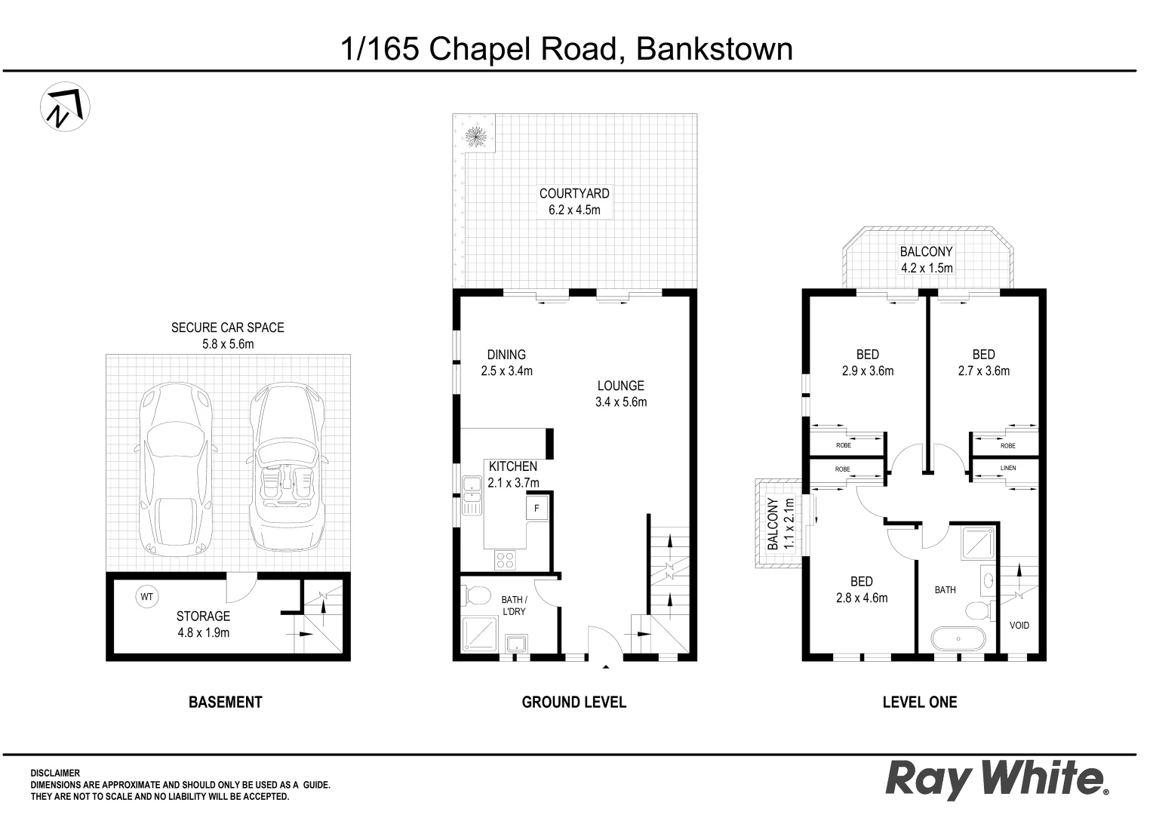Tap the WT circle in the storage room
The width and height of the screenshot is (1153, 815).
point(146,597)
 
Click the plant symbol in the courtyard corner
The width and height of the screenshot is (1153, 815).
point(475,137)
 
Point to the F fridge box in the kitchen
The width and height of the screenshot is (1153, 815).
point(537,508)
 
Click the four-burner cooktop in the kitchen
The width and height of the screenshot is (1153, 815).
point(505,560)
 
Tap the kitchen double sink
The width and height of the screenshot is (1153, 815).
point(472,496)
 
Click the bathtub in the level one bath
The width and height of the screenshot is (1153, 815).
point(958,640)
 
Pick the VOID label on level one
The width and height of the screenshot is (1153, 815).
point(1019,626)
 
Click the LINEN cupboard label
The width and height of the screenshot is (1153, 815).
point(1008,468)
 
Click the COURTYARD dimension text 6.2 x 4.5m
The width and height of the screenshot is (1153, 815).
point(574,211)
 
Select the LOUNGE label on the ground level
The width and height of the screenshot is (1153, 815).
point(620,386)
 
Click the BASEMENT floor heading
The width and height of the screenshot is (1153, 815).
point(225,702)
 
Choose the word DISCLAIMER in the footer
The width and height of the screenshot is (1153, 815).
point(55,773)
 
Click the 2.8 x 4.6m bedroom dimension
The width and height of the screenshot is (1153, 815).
point(862,598)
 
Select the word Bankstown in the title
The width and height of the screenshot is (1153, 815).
point(715,49)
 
